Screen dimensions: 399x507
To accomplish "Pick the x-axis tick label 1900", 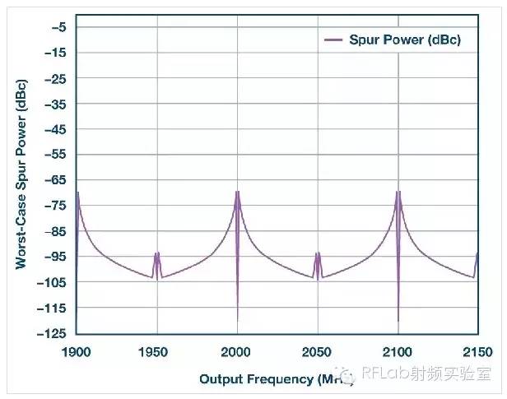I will click(x=76, y=350).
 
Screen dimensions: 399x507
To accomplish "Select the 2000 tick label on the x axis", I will click(x=237, y=350).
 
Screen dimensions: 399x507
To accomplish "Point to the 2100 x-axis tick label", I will click(x=398, y=350).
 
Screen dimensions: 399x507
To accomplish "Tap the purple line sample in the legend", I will click(x=333, y=39).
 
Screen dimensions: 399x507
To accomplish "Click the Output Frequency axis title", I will click(x=276, y=378).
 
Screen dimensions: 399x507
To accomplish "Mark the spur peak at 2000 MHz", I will click(x=237, y=192).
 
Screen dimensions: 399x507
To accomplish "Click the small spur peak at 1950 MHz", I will click(x=156, y=253).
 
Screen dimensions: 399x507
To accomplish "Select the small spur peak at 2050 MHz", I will click(x=318, y=253).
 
